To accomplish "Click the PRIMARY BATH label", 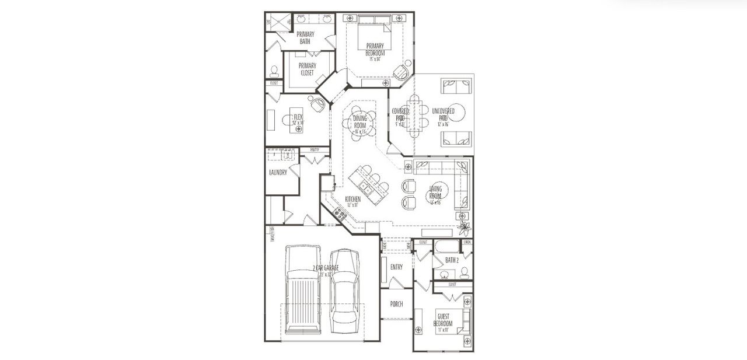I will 305,38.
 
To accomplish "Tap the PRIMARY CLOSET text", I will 307,69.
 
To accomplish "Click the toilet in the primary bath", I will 274,71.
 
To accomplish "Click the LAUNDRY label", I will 278,173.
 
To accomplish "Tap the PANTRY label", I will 314,150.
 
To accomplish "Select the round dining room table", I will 360,122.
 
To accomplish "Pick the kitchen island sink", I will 365,188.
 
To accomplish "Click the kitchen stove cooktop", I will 340,215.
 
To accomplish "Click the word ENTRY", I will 396,267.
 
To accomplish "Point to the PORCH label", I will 396,304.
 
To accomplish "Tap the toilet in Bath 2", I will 465,272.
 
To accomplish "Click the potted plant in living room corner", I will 465,228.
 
